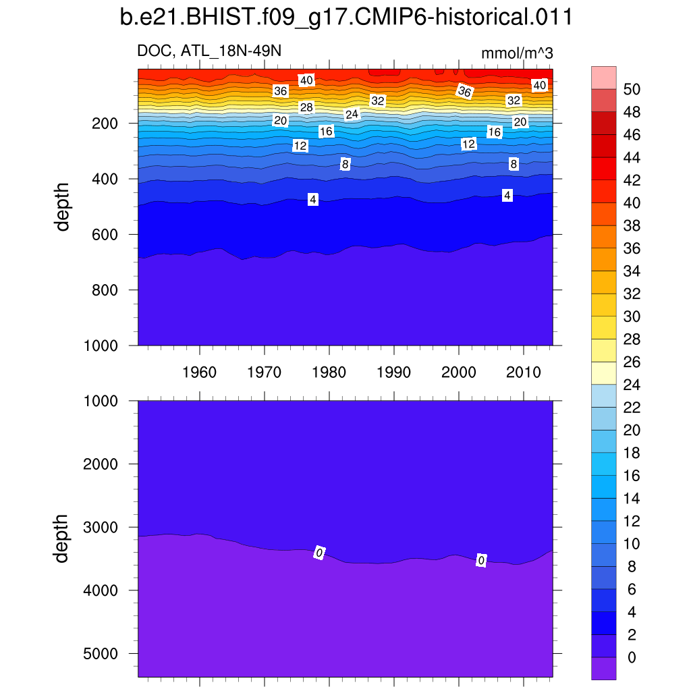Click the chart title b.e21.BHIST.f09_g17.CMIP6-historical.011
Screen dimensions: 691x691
point(345,18)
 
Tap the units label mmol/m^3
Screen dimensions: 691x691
point(517,53)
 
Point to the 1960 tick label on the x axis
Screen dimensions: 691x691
point(200,372)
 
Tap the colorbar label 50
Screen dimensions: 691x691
point(632,89)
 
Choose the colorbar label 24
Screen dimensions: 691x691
point(632,385)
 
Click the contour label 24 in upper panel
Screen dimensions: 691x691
point(352,115)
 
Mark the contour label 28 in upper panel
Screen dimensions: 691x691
point(306,107)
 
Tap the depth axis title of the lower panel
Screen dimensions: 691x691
point(63,538)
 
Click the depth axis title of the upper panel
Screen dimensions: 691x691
point(63,206)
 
